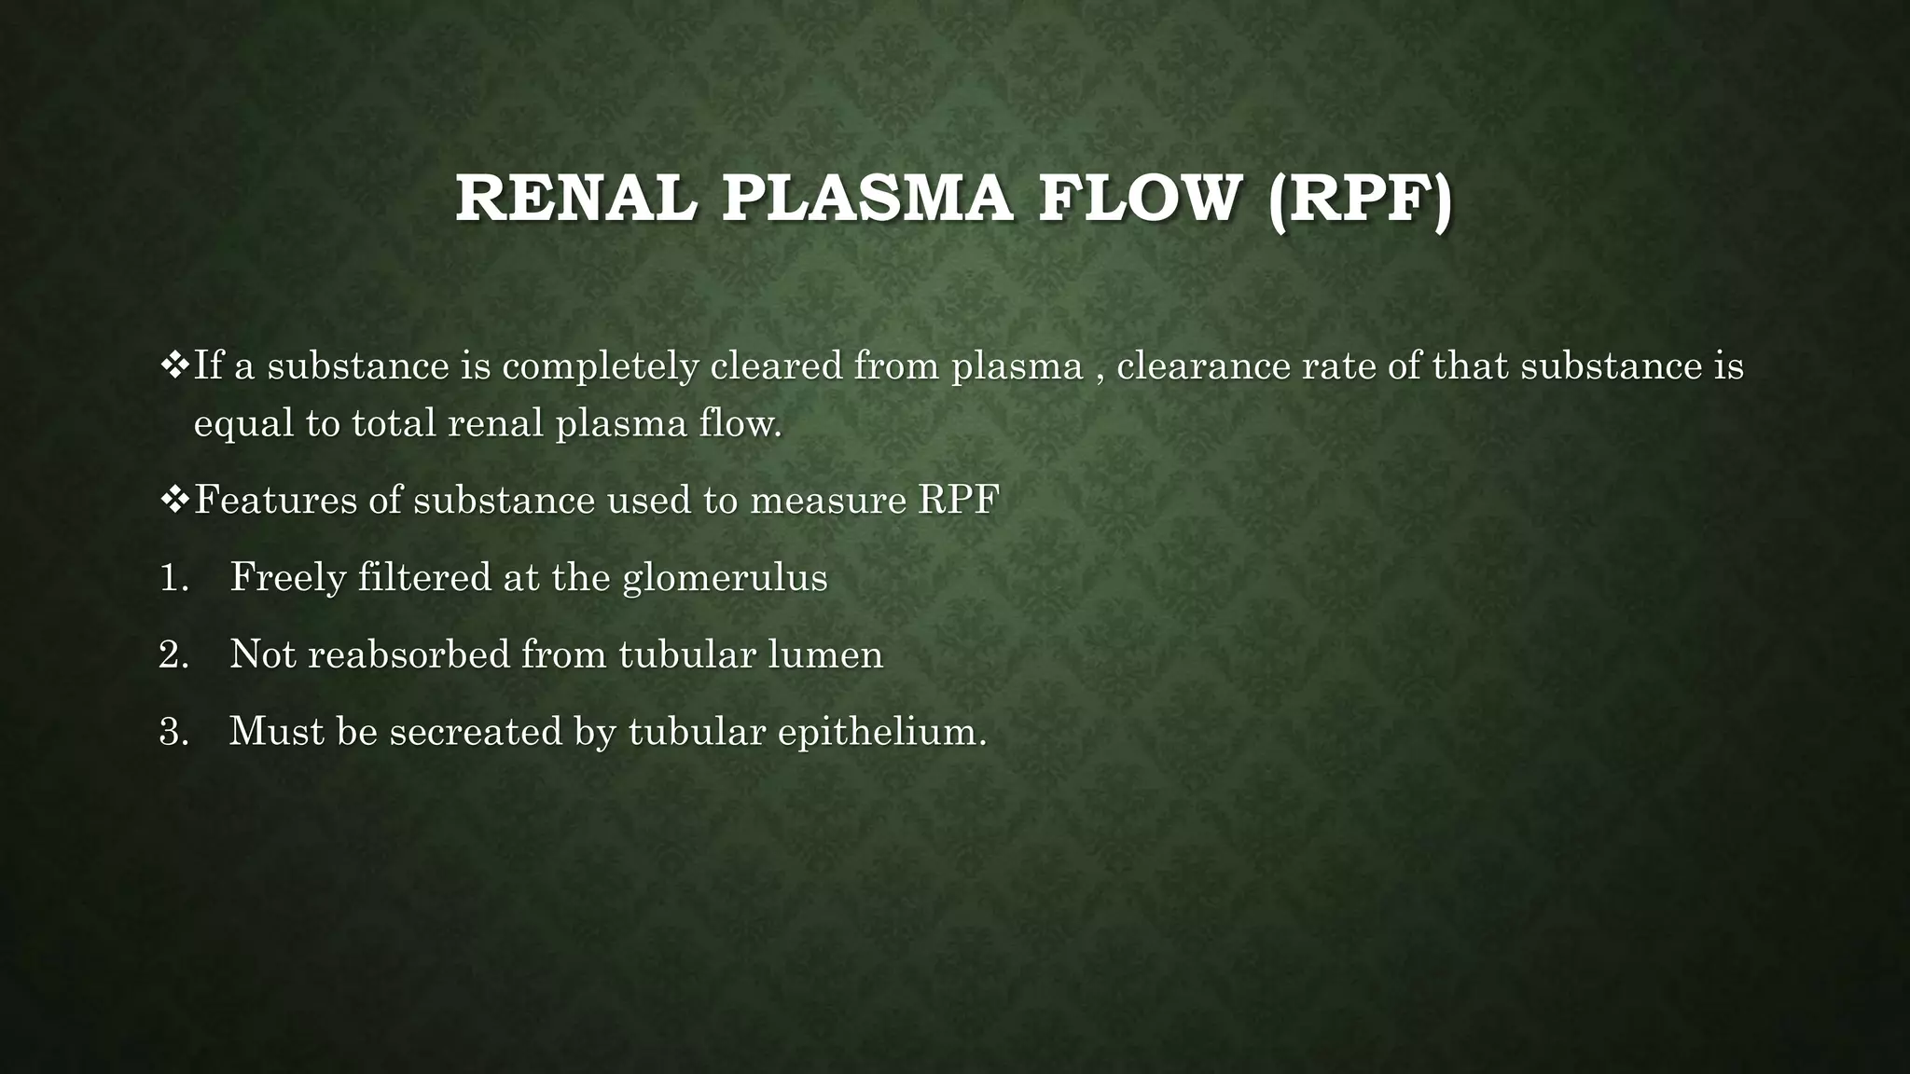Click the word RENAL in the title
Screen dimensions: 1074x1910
575,199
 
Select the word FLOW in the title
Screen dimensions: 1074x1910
1140,199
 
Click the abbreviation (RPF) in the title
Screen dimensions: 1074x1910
1360,199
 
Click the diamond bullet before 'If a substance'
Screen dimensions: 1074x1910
174,365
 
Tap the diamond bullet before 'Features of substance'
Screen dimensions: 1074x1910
174,500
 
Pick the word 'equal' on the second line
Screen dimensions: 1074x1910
243,425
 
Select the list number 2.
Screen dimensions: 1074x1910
173,654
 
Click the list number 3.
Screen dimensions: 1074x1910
173,731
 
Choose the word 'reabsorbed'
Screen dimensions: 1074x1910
408,654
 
